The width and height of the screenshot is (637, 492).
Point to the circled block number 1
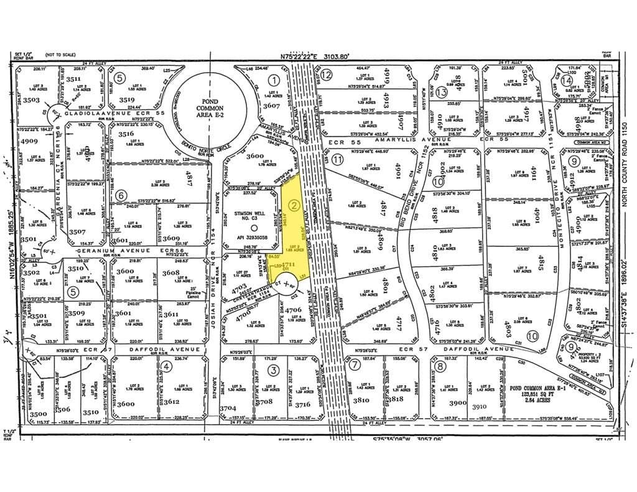click(x=273, y=80)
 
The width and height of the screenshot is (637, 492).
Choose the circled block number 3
click(x=272, y=371)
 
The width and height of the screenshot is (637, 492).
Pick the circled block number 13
click(x=442, y=92)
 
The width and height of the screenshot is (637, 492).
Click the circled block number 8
click(x=440, y=366)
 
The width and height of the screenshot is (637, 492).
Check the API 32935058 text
click(x=249, y=238)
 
